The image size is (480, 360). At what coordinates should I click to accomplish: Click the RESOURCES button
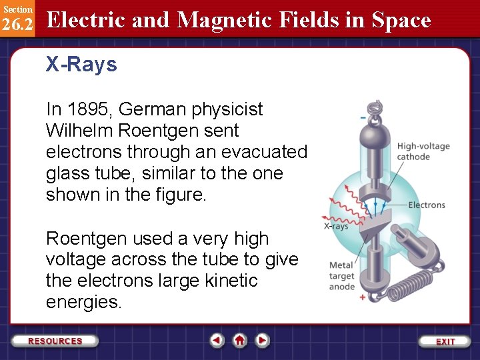tap(55, 341)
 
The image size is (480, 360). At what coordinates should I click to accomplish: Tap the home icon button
tap(240, 341)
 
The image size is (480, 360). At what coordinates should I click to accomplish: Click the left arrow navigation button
tap(217, 341)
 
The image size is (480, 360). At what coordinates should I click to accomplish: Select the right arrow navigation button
tap(263, 341)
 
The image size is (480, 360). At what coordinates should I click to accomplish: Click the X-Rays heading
tap(81, 65)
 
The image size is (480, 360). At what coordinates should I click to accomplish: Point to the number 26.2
tap(17, 25)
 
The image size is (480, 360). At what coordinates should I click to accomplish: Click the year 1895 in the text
tap(87, 109)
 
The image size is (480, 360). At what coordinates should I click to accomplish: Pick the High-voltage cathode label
tap(423, 151)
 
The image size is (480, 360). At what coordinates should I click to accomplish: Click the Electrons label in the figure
tap(426, 205)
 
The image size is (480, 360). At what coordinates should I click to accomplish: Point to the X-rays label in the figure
tap(336, 227)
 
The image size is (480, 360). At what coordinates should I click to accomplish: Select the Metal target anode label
tap(342, 276)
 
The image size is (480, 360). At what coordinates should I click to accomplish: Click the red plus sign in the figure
tap(363, 297)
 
